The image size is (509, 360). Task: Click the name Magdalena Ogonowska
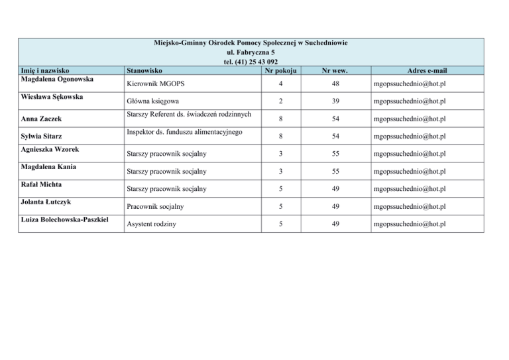(x=57, y=79)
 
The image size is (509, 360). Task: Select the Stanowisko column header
(x=144, y=70)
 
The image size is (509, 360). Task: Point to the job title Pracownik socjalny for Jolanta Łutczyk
(x=155, y=207)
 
